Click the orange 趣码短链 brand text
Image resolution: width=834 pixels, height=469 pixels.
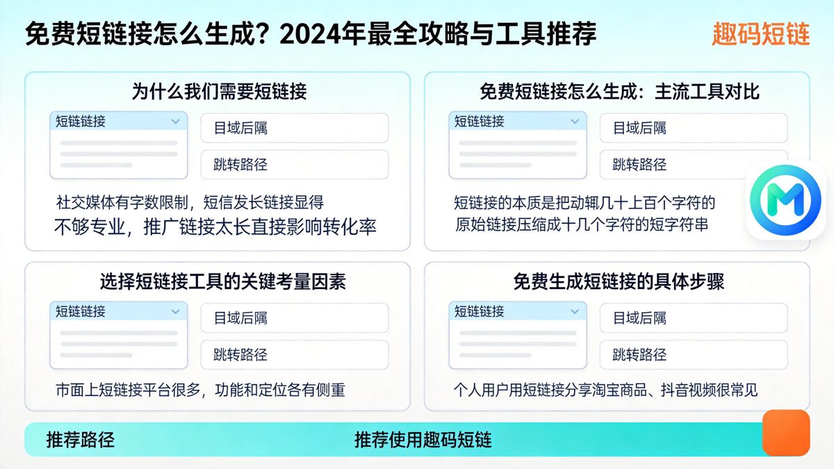pyautogui.click(x=761, y=34)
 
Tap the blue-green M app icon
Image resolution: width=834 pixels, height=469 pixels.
pyautogui.click(x=785, y=200)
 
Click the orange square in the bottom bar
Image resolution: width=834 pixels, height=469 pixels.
pyautogui.click(x=785, y=432)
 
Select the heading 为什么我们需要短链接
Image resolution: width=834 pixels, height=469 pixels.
pyautogui.click(x=219, y=91)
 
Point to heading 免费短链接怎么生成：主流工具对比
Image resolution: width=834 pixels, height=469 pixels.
pyautogui.click(x=619, y=91)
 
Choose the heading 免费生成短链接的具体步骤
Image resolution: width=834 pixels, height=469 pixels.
pyautogui.click(x=619, y=281)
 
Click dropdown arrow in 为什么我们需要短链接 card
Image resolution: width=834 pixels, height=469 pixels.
pyautogui.click(x=175, y=122)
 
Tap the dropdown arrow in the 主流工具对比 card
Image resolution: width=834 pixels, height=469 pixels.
pyautogui.click(x=574, y=122)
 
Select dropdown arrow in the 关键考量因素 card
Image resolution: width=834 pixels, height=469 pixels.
pyautogui.click(x=175, y=311)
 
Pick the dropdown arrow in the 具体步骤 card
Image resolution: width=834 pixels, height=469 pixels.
pyautogui.click(x=574, y=311)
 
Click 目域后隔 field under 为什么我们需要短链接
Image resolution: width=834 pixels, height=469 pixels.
pyautogui.click(x=295, y=128)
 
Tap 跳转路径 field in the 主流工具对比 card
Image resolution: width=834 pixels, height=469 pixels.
pyautogui.click(x=694, y=165)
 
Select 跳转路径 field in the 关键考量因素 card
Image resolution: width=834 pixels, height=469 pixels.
pyautogui.click(x=295, y=354)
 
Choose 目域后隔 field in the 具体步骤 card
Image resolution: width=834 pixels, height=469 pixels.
pyautogui.click(x=694, y=318)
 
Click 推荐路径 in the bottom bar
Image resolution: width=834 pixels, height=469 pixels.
pyautogui.click(x=80, y=440)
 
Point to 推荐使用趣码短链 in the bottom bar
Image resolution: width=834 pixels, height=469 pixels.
pyautogui.click(x=423, y=440)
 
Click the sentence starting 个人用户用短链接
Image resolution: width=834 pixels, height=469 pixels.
pyautogui.click(x=605, y=390)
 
